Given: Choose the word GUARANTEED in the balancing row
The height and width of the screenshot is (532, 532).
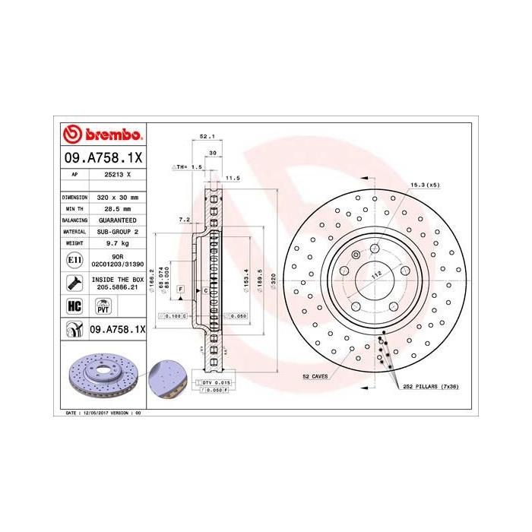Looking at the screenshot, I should tap(117, 220).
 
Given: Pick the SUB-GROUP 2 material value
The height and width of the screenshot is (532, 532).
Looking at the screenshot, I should tap(117, 231).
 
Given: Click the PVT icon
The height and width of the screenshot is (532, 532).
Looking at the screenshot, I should tap(103, 306).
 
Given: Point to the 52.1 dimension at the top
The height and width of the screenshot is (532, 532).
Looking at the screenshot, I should tap(206, 137).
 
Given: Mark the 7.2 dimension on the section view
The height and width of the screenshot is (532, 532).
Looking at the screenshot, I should tap(183, 219).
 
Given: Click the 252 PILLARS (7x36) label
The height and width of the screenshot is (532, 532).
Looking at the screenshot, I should tap(432, 386).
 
